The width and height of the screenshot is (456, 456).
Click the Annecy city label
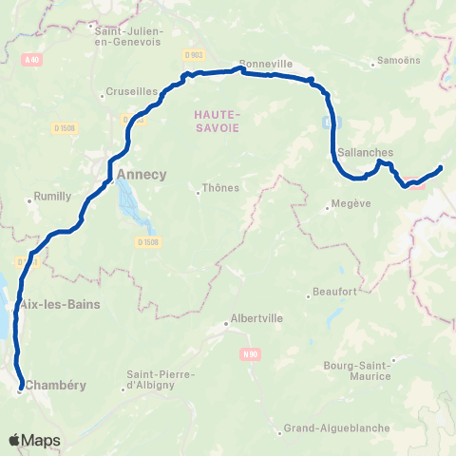pos(141,175)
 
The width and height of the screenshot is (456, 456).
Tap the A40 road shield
pos(34,60)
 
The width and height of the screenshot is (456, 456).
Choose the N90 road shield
pos(250,355)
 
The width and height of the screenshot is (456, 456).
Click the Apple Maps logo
pos(34,441)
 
